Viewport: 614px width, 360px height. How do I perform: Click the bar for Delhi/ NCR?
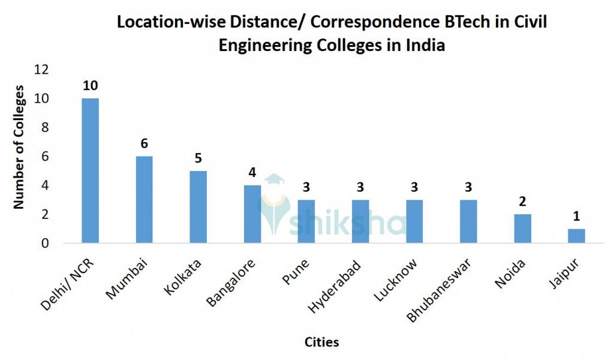click(x=90, y=171)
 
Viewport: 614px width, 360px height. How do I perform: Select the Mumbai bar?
click(x=144, y=200)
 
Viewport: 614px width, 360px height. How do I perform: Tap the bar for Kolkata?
click(x=198, y=207)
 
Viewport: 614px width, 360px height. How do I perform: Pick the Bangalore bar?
click(x=252, y=214)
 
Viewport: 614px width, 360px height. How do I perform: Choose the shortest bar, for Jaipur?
click(x=576, y=236)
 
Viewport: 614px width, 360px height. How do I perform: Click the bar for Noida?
click(x=522, y=229)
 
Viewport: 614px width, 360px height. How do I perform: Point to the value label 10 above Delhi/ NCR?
click(x=90, y=85)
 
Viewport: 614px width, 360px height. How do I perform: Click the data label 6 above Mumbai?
click(x=144, y=143)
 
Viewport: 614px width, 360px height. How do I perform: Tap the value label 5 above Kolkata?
click(x=198, y=158)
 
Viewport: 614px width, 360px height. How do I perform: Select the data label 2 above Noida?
click(x=522, y=202)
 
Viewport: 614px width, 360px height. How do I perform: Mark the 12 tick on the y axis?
click(x=41, y=70)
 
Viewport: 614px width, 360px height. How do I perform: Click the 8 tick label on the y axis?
click(x=44, y=128)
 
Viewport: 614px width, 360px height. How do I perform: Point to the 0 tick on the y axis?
click(x=44, y=244)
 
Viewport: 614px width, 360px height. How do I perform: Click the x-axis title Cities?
click(x=321, y=342)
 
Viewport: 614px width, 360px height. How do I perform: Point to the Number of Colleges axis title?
click(x=19, y=147)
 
